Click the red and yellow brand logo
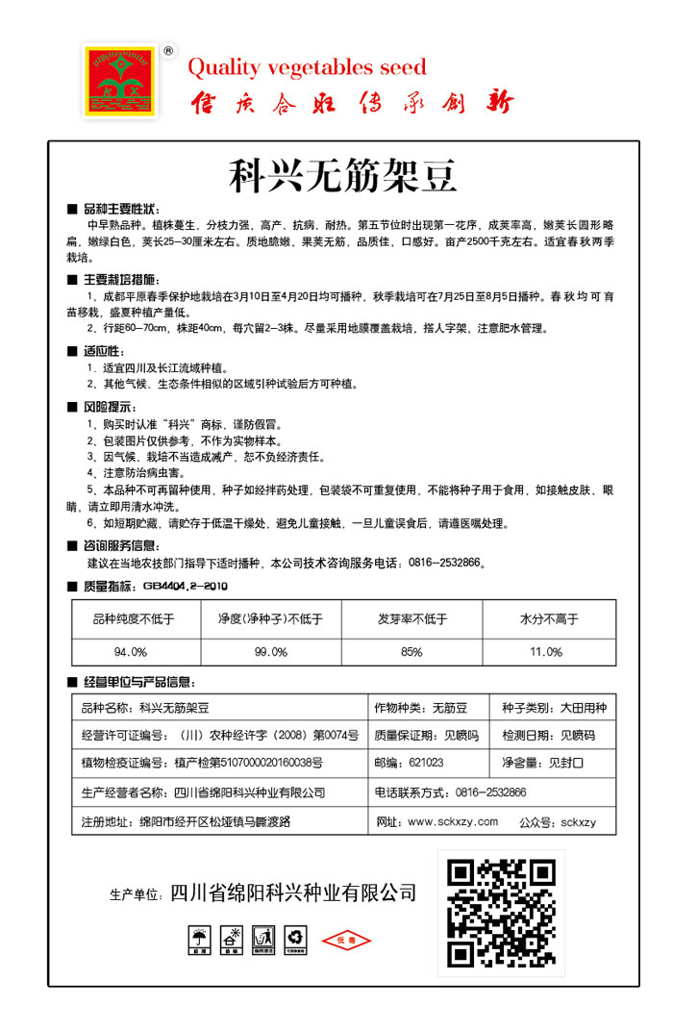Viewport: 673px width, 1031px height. click(x=121, y=81)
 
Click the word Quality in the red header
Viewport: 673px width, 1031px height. click(x=224, y=67)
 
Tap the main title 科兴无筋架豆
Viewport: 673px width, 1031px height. click(x=342, y=176)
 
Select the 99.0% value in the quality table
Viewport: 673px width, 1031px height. click(x=271, y=651)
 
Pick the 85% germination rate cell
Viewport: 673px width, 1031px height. click(x=411, y=651)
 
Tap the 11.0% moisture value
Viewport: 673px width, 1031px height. click(x=546, y=651)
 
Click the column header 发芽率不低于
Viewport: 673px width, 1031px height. click(x=411, y=619)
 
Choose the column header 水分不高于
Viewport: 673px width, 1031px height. click(x=548, y=619)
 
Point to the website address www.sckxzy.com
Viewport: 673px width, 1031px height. click(x=453, y=822)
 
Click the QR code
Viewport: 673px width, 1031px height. click(x=502, y=909)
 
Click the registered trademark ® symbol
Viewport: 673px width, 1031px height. click(x=168, y=51)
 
